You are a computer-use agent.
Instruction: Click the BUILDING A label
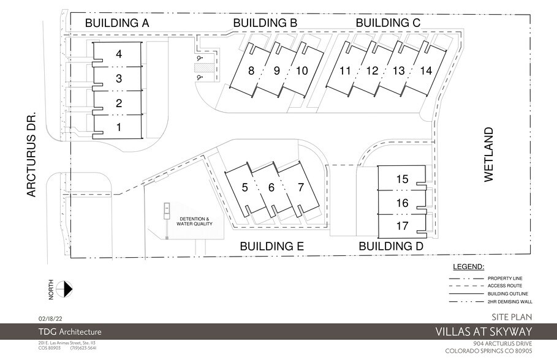coord(117,23)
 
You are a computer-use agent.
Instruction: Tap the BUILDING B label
coord(265,23)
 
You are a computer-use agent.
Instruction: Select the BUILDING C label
coord(388,23)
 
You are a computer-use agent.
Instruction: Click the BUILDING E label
coord(272,247)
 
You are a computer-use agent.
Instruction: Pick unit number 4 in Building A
coord(119,54)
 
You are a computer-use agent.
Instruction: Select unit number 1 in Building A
coord(119,127)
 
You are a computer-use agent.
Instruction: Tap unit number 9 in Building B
coord(276,71)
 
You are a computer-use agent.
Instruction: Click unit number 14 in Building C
coord(426,71)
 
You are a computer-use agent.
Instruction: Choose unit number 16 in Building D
coord(402,203)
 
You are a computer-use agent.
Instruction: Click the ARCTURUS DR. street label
coord(32,154)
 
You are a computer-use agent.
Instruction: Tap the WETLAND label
coord(488,154)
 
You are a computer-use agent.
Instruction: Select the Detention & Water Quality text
coord(194,222)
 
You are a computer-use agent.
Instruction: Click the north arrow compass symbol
coord(64,288)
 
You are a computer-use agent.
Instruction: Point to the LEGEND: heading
coord(468,267)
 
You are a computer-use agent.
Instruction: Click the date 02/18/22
coord(50,318)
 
